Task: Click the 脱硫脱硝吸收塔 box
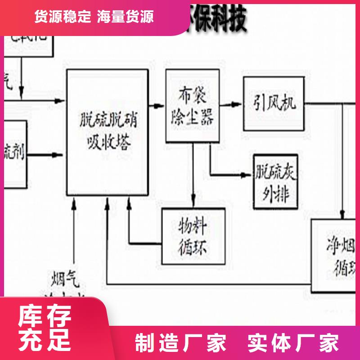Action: point(108,132)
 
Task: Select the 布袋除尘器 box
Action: point(193,106)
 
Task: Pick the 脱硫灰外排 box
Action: point(275,182)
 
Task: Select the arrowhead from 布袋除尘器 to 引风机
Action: point(237,104)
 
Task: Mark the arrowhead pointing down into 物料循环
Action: point(193,202)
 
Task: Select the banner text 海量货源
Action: point(125,17)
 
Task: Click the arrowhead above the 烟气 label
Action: point(74,205)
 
